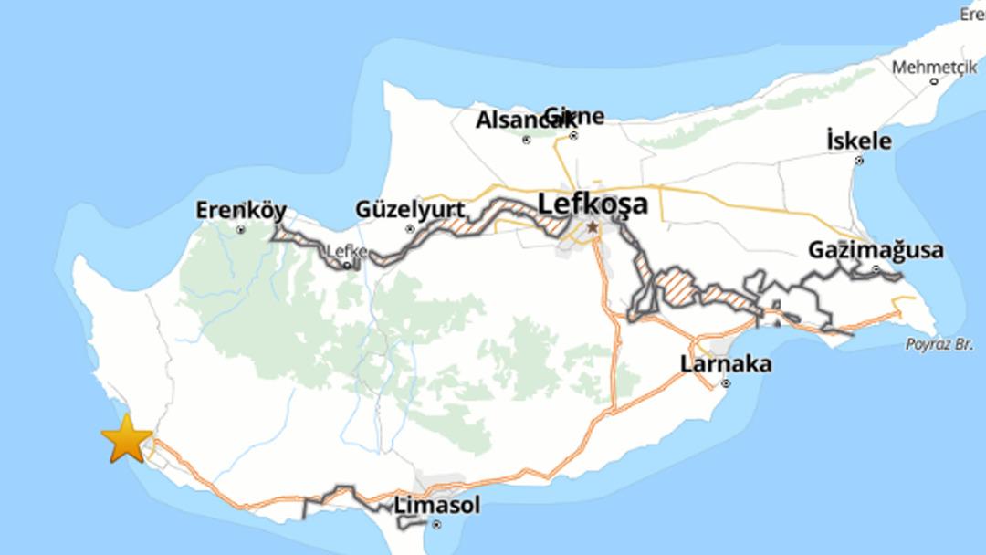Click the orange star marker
(x=126, y=438)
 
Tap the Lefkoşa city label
(x=593, y=204)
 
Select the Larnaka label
(x=726, y=364)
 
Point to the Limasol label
(x=436, y=505)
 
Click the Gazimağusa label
(x=876, y=250)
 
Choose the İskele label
(x=858, y=141)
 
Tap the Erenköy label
(x=241, y=211)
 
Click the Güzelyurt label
(x=410, y=211)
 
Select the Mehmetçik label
(x=933, y=68)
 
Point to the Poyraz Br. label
(x=935, y=344)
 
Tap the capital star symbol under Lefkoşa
(x=593, y=225)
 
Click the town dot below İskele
(x=859, y=161)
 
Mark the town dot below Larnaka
(x=726, y=384)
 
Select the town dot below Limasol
(x=437, y=524)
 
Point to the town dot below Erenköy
(x=241, y=230)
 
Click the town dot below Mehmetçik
(x=934, y=81)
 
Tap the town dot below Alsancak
(x=526, y=140)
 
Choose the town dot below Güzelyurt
(x=410, y=229)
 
